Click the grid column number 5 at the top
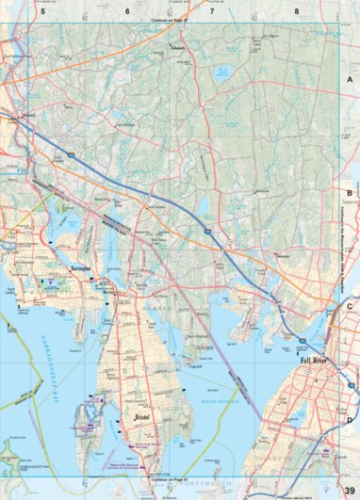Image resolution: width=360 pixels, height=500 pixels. pos(42,11)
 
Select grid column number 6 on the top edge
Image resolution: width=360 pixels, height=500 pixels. pos(127,11)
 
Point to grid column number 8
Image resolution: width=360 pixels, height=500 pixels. pos(296,11)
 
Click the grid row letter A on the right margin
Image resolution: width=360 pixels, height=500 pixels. pos(349,81)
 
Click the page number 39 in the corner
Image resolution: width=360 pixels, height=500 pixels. pos(349,490)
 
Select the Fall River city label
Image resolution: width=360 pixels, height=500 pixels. pos(318,360)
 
